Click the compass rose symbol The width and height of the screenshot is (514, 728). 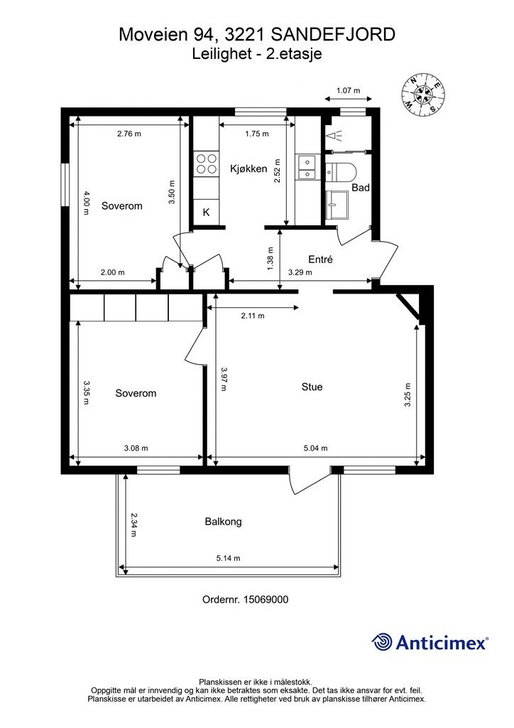point(422,95)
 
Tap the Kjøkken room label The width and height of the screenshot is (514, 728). point(248,168)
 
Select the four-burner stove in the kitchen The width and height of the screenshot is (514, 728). point(207,164)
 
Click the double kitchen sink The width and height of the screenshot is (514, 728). point(307,168)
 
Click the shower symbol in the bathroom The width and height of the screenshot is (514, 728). point(334,136)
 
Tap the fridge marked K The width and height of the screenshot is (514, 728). point(207,212)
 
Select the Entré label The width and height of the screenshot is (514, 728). point(320,259)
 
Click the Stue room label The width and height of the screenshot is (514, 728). point(312,387)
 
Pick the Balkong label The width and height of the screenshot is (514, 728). point(224,521)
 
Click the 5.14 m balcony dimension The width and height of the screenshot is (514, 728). point(228,558)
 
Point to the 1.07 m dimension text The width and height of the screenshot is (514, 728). point(348,90)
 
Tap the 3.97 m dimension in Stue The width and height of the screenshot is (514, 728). point(224,379)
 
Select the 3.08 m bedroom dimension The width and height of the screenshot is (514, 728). point(136,448)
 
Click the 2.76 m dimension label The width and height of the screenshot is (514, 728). point(128,134)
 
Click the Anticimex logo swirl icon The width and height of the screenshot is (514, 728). point(381,643)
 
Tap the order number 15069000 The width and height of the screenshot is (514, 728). point(266,599)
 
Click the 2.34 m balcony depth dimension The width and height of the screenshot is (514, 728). point(133,525)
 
